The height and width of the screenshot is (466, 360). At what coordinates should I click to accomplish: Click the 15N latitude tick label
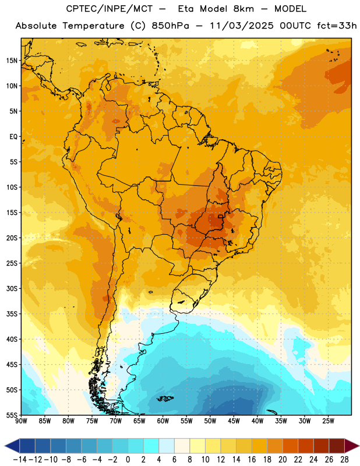(12, 61)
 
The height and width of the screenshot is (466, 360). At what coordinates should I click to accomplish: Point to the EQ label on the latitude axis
(13, 137)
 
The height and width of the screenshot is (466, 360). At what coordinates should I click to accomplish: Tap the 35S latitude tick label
(12, 314)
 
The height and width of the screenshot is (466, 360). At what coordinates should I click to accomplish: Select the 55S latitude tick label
(12, 415)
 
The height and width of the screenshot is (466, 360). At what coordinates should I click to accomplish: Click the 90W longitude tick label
(22, 421)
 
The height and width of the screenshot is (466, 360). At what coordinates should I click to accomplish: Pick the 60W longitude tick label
(163, 421)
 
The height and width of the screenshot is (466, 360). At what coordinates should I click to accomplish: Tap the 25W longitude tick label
(328, 421)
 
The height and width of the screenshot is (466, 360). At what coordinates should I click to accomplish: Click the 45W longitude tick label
(234, 421)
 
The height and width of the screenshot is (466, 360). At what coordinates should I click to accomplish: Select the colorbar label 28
(344, 460)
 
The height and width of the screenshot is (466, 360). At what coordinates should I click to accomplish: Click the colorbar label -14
(20, 460)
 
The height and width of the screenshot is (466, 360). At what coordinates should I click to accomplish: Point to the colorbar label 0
(128, 460)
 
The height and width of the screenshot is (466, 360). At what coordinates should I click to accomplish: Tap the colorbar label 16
(252, 460)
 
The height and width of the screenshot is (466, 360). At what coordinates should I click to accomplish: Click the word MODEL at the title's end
(290, 9)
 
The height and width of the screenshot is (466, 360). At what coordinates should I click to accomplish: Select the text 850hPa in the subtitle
(170, 26)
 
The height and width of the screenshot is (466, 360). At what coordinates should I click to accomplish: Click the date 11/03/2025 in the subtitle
(241, 26)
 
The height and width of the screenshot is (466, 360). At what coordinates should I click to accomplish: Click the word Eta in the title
(186, 9)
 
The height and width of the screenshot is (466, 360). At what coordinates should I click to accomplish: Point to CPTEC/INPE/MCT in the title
(109, 9)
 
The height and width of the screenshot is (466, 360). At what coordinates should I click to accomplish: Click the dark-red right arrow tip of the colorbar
(358, 446)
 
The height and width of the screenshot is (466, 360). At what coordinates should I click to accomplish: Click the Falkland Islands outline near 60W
(165, 398)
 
